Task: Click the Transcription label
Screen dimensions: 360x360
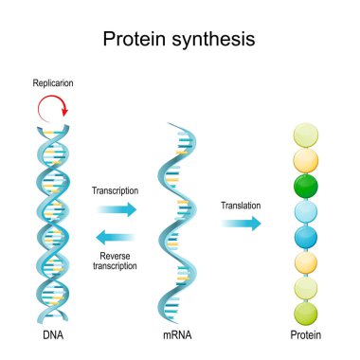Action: (115, 189)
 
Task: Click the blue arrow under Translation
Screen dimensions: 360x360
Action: (241, 224)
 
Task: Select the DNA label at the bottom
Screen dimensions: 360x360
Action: (48, 335)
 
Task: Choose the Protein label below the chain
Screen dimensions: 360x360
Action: (305, 335)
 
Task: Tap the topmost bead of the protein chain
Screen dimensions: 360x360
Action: (305, 133)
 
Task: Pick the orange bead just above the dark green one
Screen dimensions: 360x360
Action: (305, 158)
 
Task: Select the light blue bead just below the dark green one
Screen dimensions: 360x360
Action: (305, 209)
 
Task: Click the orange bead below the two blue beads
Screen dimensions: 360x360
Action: (305, 261)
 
